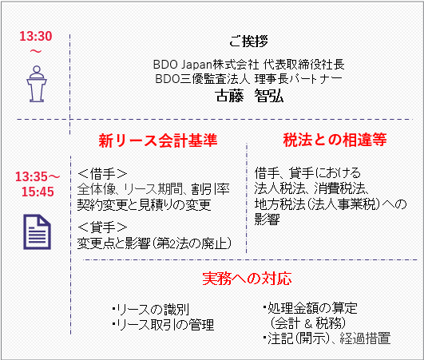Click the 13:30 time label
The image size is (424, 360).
tap(36, 36)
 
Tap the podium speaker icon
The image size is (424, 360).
tap(37, 84)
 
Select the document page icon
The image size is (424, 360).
tap(37, 232)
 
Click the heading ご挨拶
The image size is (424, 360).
tap(248, 42)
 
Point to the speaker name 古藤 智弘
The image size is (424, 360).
tap(249, 96)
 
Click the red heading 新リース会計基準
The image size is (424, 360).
tap(158, 140)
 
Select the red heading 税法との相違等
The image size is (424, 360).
tap(335, 140)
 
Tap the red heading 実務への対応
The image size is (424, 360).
tap(247, 279)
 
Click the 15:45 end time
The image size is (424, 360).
tap(38, 192)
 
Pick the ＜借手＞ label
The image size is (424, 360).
tap(102, 173)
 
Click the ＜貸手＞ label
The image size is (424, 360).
tap(102, 227)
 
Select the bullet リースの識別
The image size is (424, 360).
tap(151, 310)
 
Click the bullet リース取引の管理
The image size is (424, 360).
tap(163, 325)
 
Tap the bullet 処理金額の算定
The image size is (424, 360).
tap(310, 308)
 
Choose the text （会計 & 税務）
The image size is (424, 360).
tap(307, 323)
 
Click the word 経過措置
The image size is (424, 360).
tap(365, 338)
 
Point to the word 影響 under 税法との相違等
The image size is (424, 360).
tap(267, 219)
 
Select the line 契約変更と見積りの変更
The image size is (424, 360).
tap(144, 204)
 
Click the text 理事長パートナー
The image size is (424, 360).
tap(299, 79)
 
